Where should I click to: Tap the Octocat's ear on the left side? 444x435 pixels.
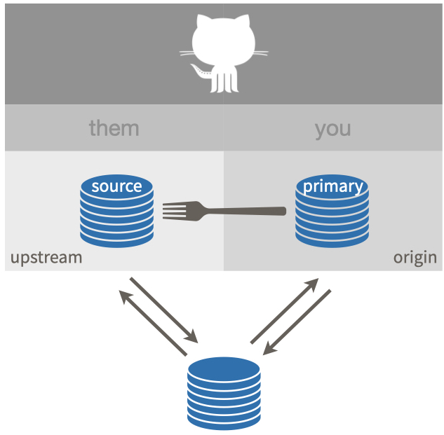coord(202,21)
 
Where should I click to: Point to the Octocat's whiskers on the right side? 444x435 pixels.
coord(257,53)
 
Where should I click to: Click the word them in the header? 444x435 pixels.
coord(114,128)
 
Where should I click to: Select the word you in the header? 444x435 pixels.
coord(332,128)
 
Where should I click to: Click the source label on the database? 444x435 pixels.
coord(116,186)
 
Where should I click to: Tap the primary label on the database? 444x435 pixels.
coord(332,186)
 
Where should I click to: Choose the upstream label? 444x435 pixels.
coord(46,257)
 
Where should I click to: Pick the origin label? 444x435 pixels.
coord(415,257)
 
